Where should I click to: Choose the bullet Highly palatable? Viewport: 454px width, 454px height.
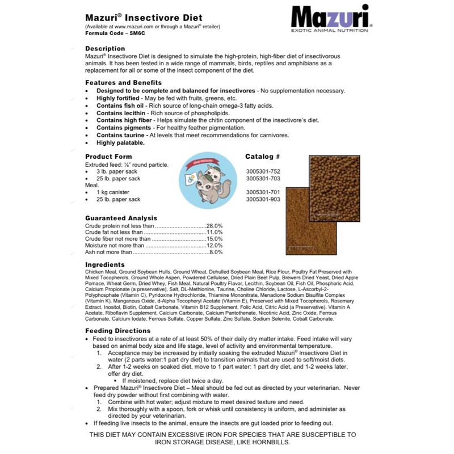pyautogui.click(x=120, y=142)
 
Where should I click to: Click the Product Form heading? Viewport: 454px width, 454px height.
pyautogui.click(x=108, y=157)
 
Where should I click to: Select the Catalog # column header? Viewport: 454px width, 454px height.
pyautogui.click(x=263, y=157)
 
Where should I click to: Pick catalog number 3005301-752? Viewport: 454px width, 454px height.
pyautogui.click(x=263, y=171)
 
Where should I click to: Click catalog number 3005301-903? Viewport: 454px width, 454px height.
pyautogui.click(x=263, y=200)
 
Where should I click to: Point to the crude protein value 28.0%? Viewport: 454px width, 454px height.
pyautogui.click(x=215, y=225)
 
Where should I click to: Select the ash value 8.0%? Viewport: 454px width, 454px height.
pyautogui.click(x=216, y=252)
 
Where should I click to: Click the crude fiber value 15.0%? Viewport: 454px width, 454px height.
pyautogui.click(x=215, y=239)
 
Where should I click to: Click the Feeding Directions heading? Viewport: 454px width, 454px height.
pyautogui.click(x=118, y=331)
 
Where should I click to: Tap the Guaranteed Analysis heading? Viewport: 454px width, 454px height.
pyautogui.click(x=121, y=218)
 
